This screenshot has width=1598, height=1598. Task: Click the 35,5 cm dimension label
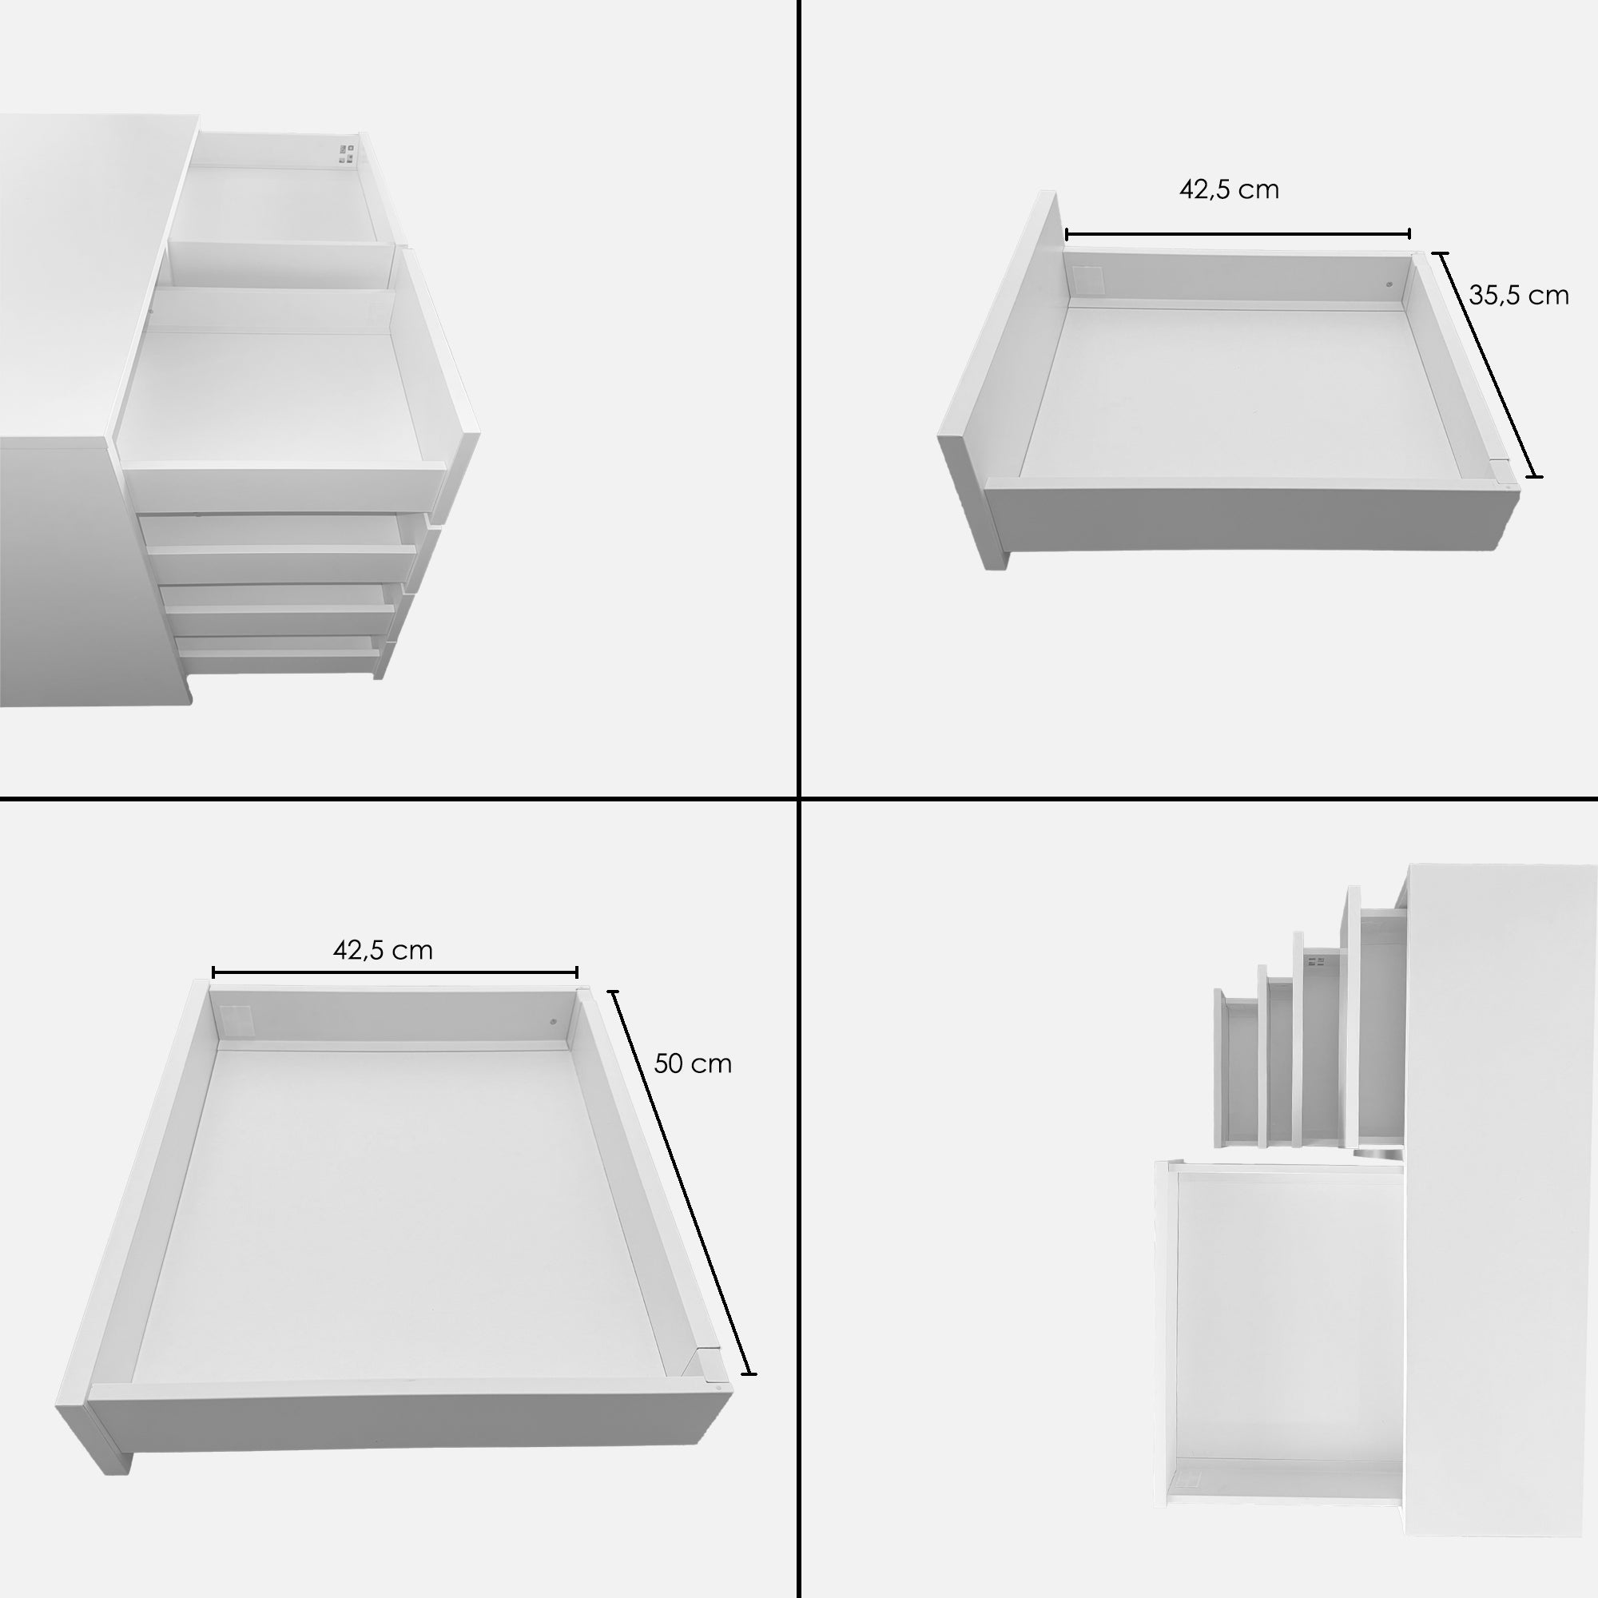1519,296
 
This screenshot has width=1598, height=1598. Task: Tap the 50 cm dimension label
692,1063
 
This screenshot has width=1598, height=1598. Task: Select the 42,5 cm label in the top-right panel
1229,189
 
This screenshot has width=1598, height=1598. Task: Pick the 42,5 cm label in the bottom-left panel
383,949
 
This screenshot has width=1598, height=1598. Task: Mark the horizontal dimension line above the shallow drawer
1238,235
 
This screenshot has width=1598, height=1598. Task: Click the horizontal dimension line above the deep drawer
395,972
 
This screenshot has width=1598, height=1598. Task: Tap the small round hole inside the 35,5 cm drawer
1389,284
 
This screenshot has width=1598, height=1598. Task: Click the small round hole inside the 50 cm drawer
554,1021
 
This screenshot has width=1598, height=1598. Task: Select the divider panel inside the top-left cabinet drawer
280,265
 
